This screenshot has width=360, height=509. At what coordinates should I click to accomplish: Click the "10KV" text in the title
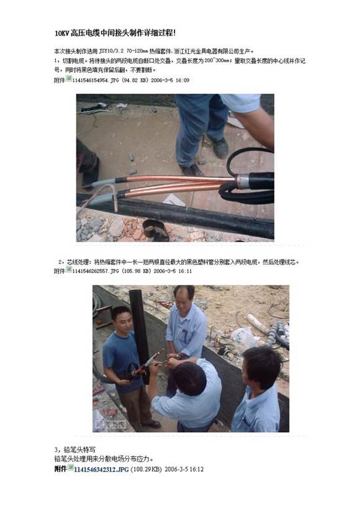pyautogui.click(x=61, y=32)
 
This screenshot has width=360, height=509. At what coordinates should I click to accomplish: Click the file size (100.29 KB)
pyautogui.click(x=144, y=470)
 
